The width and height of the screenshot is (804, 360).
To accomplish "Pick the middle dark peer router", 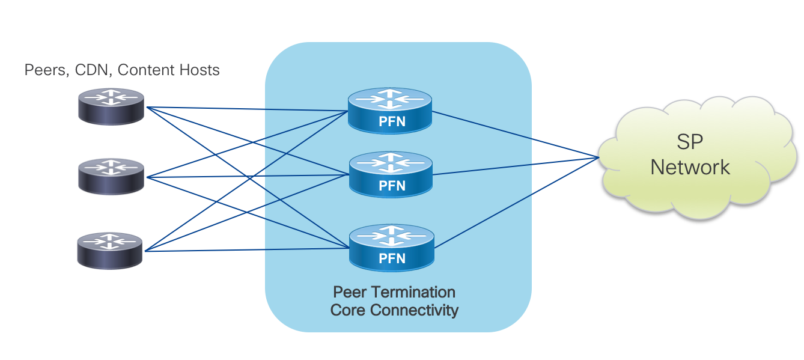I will pyautogui.click(x=111, y=175).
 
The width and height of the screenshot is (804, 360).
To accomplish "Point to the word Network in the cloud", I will pyautogui.click(x=690, y=166).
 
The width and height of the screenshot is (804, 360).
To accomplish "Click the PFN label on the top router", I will pyautogui.click(x=392, y=122).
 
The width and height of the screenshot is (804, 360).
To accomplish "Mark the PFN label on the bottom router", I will pyautogui.click(x=392, y=259).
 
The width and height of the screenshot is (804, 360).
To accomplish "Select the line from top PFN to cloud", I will pyautogui.click(x=517, y=135).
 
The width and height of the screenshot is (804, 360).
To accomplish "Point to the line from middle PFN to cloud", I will pyautogui.click(x=517, y=166).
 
